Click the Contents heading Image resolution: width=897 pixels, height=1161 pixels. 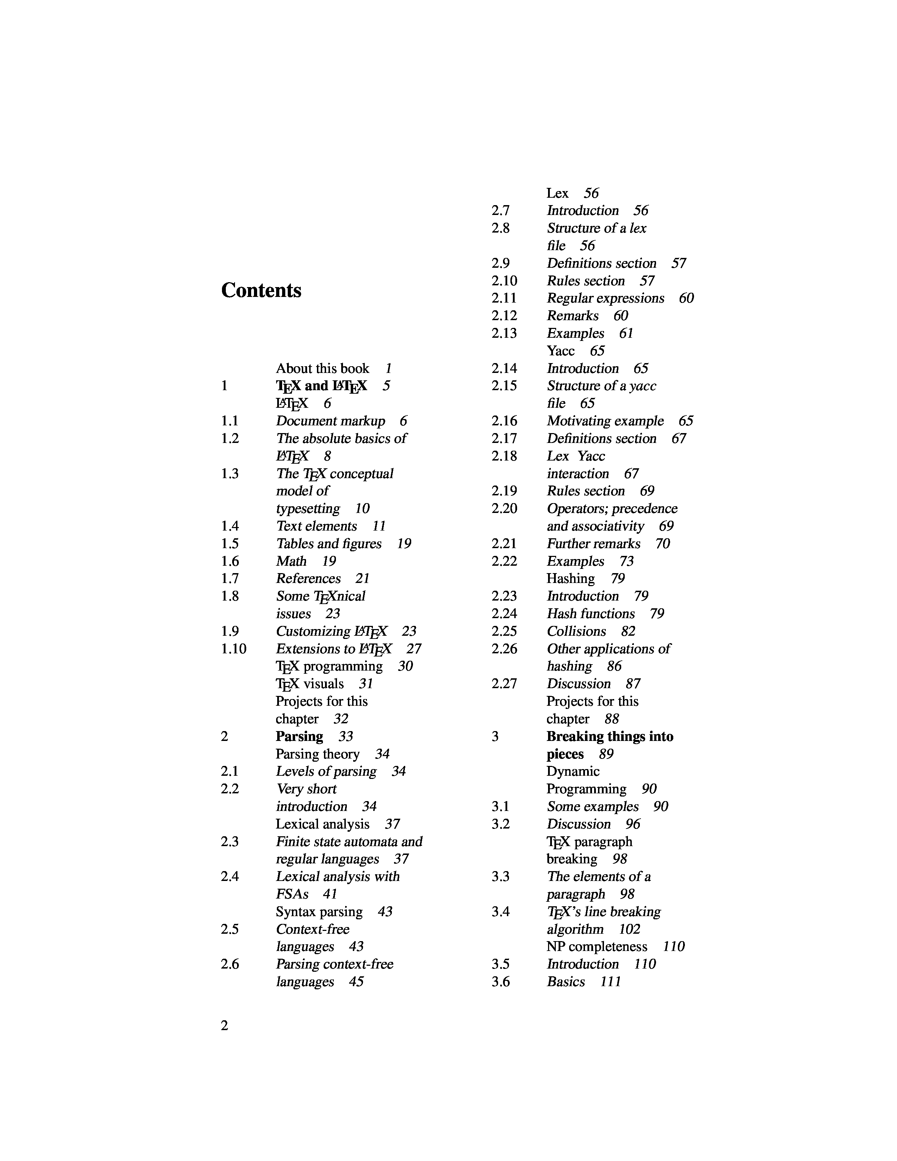coord(261,290)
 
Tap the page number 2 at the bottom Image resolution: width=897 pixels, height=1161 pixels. coord(224,1026)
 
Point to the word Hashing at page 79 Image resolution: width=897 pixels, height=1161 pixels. coord(571,578)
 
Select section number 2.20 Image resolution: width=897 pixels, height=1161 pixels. coord(504,509)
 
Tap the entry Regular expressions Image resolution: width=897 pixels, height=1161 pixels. coord(605,298)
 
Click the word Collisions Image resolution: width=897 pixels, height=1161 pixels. coord(577,632)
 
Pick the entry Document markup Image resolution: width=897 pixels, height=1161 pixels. coord(331,421)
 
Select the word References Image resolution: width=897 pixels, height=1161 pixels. coord(308,579)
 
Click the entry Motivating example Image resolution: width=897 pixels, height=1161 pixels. coord(605,421)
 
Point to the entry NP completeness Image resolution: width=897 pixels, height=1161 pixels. coord(597,947)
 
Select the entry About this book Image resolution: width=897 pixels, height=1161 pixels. coord(322,368)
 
